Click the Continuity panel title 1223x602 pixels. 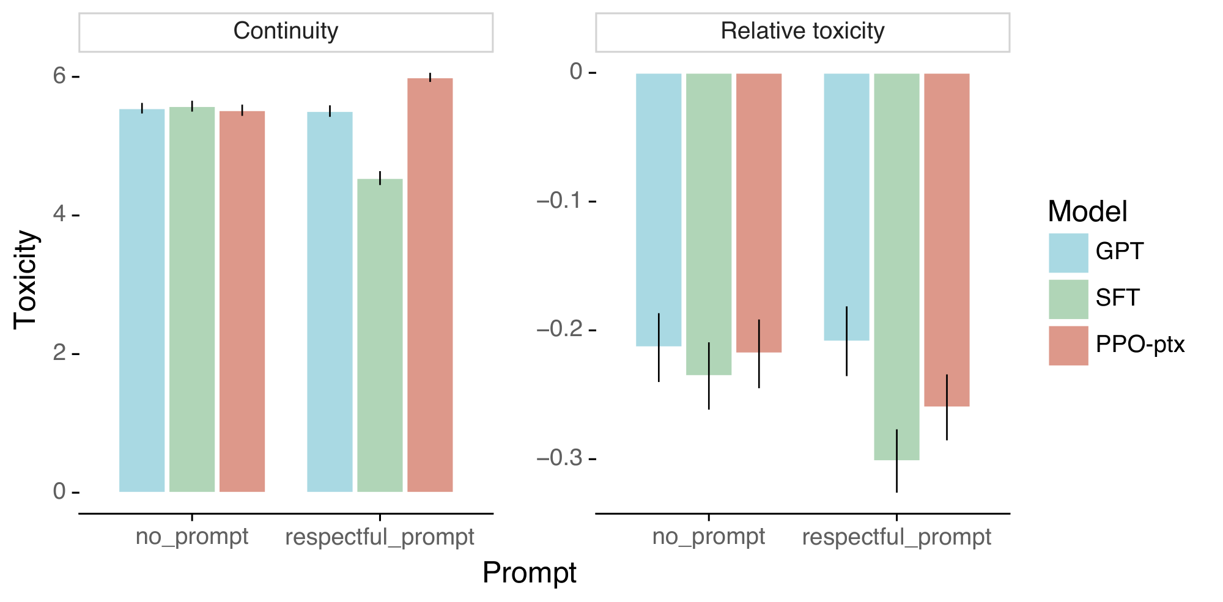pyautogui.click(x=286, y=31)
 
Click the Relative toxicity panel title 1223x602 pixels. pyautogui.click(x=802, y=31)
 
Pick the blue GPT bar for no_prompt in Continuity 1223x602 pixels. pyautogui.click(x=142, y=300)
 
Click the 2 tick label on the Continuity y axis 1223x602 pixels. pyautogui.click(x=59, y=353)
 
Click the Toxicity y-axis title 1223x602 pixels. pyautogui.click(x=27, y=279)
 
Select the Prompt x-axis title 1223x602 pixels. pyautogui.click(x=529, y=573)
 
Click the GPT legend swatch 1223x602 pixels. pyautogui.click(x=1068, y=252)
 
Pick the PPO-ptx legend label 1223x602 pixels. pyautogui.click(x=1140, y=345)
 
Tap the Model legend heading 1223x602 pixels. pyautogui.click(x=1087, y=211)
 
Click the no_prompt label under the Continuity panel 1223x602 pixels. pyautogui.click(x=192, y=537)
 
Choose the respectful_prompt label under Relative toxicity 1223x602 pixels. pyautogui.click(x=896, y=537)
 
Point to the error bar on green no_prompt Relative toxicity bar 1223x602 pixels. pyautogui.click(x=709, y=375)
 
